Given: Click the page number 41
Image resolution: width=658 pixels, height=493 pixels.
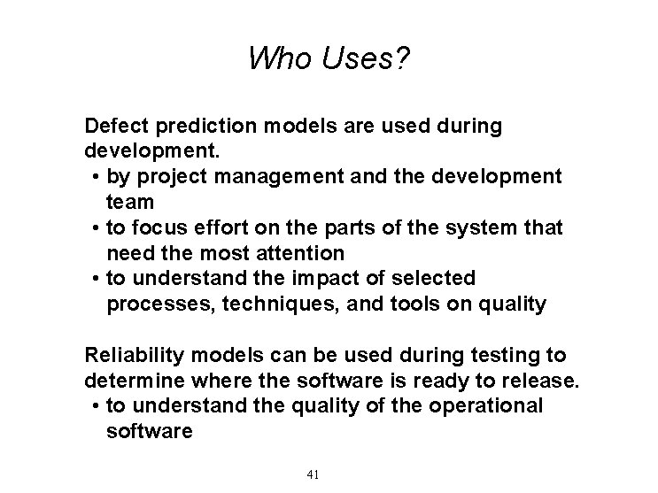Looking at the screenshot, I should [313, 474].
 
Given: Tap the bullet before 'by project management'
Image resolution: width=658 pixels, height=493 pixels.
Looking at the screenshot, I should [95, 177].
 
